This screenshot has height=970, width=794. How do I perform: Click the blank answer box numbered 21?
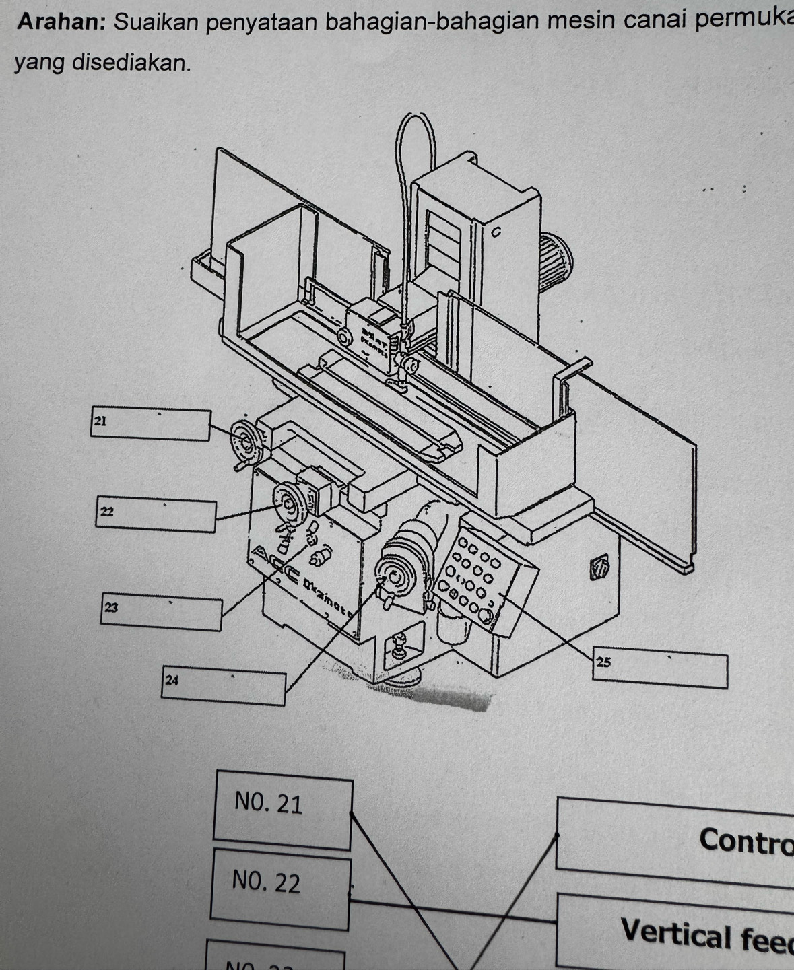coord(150,425)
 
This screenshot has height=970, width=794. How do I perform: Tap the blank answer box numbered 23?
coord(162,613)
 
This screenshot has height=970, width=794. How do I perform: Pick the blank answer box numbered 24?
coord(223,687)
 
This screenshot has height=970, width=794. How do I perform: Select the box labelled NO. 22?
coord(279,889)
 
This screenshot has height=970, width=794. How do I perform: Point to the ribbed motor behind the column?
coord(557,266)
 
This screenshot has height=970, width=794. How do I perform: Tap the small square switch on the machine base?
coord(598,567)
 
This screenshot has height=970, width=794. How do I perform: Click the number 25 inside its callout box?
coord(603,662)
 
